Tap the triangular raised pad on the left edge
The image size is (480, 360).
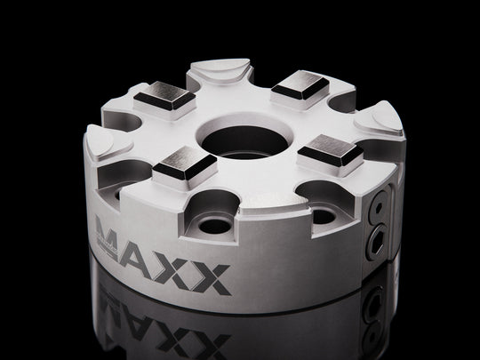tap(110, 140)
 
